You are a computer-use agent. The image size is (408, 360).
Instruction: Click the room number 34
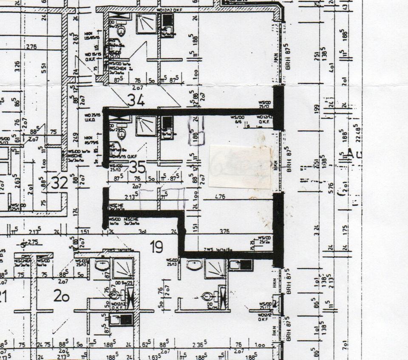136,100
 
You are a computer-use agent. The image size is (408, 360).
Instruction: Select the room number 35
137,167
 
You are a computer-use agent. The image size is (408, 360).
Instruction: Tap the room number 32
59,183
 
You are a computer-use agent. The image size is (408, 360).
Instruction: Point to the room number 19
156,246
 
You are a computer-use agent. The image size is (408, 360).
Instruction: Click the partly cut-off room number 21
3,296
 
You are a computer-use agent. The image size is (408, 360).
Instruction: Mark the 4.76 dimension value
220,197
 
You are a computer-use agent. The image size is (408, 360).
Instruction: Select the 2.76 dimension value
31,46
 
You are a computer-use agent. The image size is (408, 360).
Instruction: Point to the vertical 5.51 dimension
44,68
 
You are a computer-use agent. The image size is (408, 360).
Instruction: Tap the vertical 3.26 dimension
17,67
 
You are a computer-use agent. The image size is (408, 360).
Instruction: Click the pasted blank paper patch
241,166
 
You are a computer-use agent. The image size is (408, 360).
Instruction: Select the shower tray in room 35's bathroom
146,125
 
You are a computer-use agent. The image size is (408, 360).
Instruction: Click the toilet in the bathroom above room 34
122,30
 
